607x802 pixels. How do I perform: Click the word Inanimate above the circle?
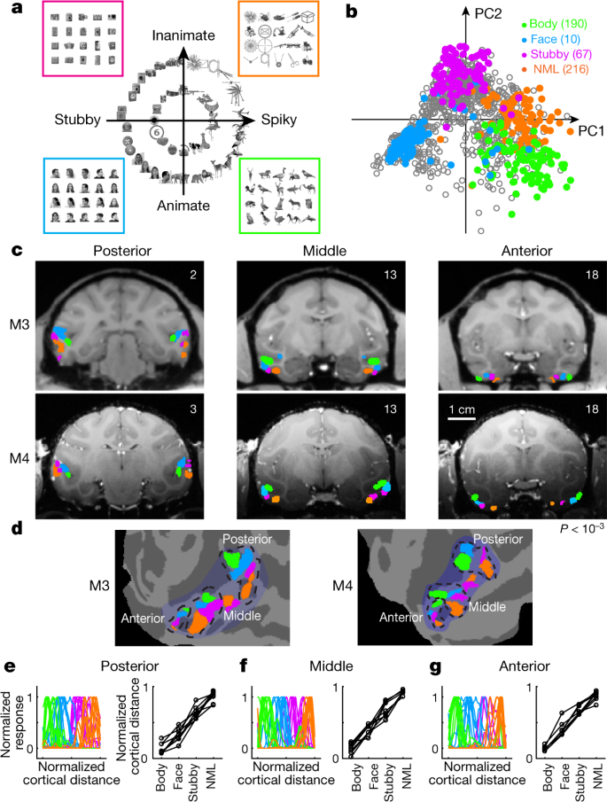185,36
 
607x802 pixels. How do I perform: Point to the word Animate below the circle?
183,206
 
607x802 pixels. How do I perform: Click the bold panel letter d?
16,529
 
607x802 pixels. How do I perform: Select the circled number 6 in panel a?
156,130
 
